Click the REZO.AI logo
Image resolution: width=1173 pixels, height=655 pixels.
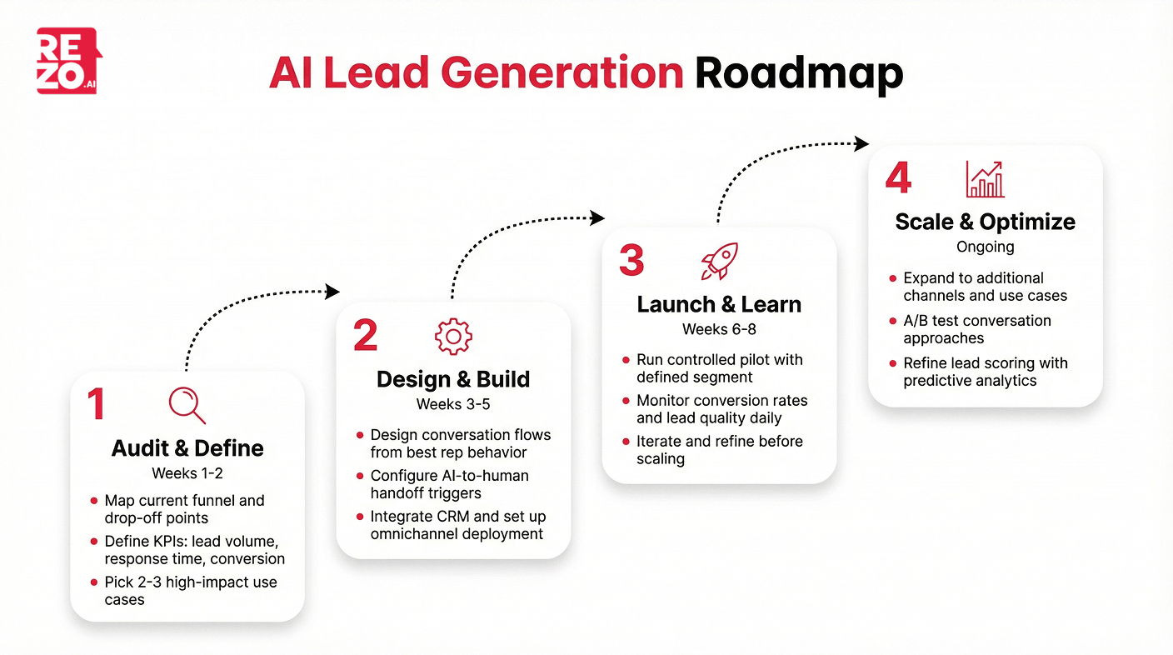(69, 61)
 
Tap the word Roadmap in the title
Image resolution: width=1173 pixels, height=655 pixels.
(799, 73)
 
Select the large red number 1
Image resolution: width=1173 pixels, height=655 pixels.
(97, 404)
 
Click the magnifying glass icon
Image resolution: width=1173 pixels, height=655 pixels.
(187, 405)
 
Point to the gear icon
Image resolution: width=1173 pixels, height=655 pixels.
(453, 336)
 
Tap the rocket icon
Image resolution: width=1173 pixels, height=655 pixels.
(719, 261)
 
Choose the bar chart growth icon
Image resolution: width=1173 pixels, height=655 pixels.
(985, 179)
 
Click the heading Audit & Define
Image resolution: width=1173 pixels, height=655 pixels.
(187, 448)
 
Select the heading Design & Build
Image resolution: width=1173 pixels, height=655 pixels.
(453, 380)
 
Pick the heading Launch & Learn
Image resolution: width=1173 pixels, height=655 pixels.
(719, 305)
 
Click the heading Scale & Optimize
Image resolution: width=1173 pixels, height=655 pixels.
(985, 222)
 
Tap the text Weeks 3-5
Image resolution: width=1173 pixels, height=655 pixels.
(453, 405)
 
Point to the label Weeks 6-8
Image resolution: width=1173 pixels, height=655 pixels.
(719, 329)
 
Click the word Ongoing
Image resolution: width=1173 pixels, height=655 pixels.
(985, 247)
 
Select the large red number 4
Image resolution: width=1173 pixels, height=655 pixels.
(898, 178)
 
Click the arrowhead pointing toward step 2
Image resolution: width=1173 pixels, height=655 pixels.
(333, 292)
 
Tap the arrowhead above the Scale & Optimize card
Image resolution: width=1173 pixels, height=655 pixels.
(862, 143)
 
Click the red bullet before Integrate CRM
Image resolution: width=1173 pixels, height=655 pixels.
(360, 517)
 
